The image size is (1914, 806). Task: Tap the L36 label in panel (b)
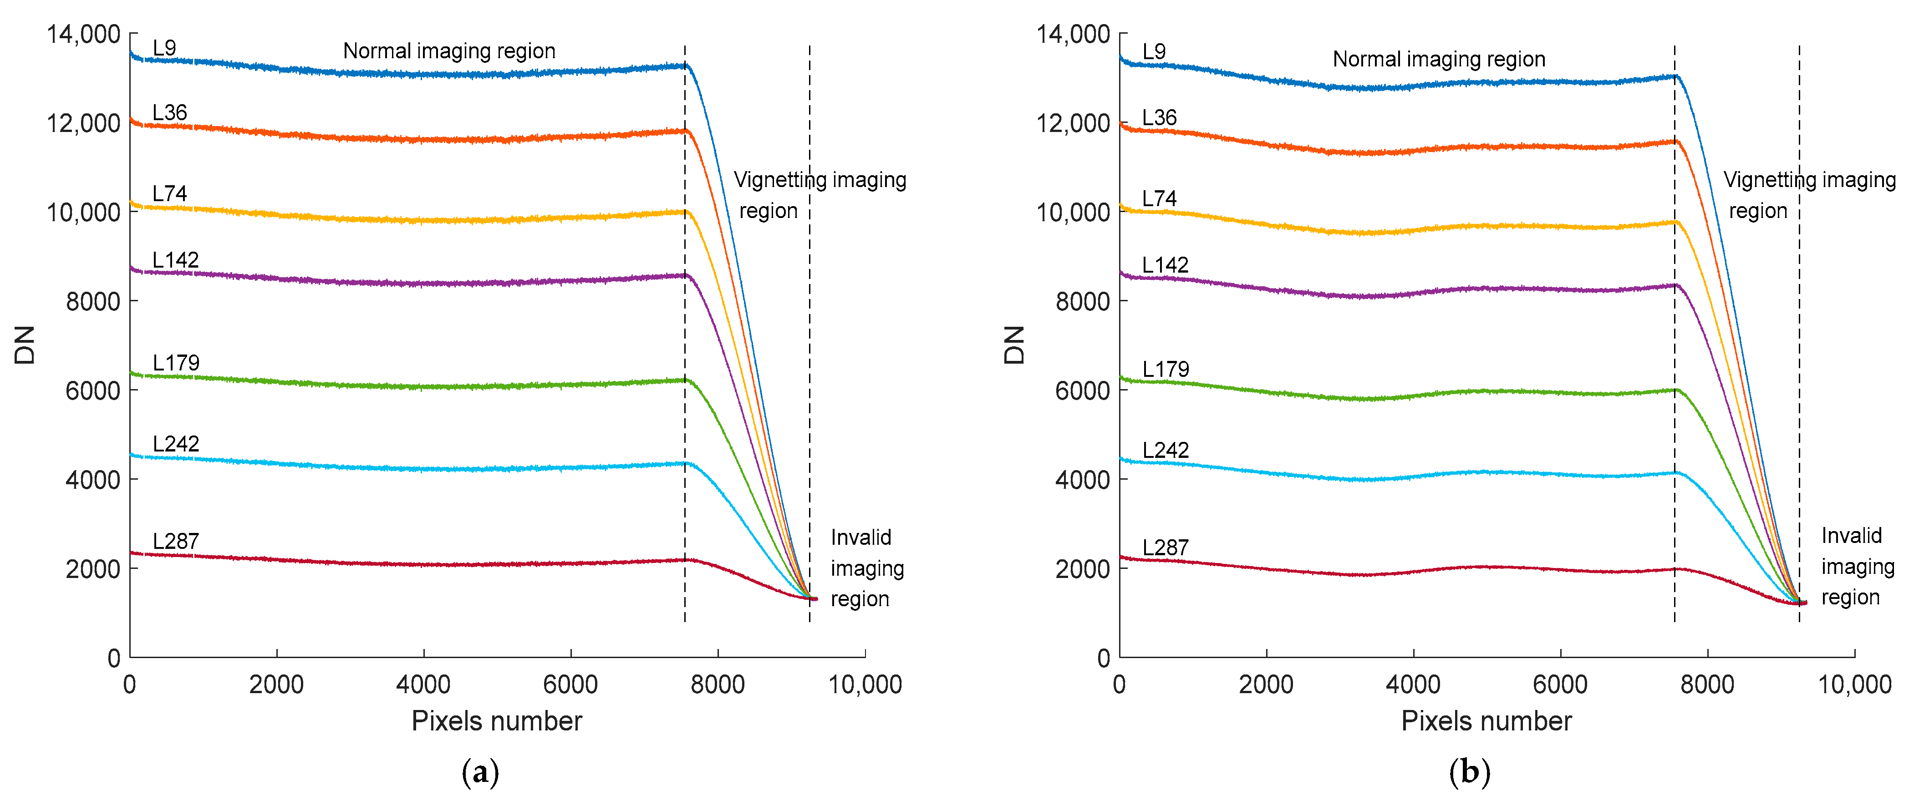coord(1159,117)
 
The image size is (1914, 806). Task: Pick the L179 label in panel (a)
coord(176,363)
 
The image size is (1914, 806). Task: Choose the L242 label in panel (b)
coord(1165,450)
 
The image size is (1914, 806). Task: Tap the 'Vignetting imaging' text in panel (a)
coord(820,180)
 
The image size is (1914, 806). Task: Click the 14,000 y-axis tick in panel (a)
coord(83,34)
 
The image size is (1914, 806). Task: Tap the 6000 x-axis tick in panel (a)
coord(570,684)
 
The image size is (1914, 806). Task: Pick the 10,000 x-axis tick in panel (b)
coord(1854,684)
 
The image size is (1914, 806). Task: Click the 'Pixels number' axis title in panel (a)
coord(496,720)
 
